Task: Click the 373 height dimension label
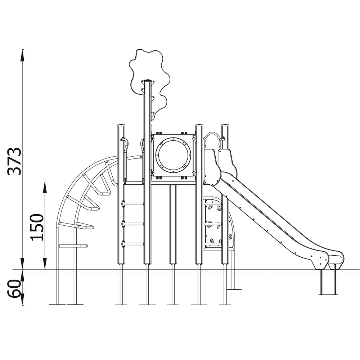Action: pos(14,162)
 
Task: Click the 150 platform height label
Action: pos(37,227)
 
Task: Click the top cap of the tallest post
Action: pos(148,81)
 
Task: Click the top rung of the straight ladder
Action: pos(133,204)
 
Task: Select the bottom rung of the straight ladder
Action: pos(133,244)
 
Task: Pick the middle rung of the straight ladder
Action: pos(133,224)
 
